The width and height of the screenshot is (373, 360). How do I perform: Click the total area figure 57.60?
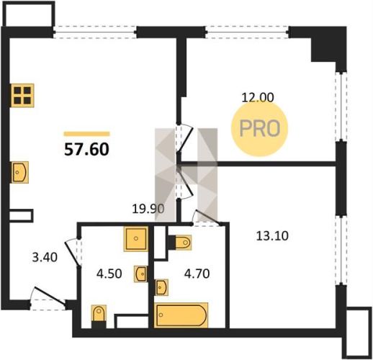pos(86,149)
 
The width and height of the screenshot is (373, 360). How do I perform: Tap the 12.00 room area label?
pos(258,98)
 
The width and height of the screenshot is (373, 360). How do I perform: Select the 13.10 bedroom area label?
pos(272,235)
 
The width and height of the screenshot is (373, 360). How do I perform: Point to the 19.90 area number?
pos(148,209)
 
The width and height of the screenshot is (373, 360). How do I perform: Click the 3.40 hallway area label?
pos(45,257)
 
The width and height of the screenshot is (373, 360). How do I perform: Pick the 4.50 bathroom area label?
pos(109,274)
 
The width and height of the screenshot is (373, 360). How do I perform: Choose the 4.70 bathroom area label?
pos(197,274)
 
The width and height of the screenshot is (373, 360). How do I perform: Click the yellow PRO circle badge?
pos(259,129)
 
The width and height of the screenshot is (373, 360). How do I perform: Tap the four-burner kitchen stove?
pos(22,95)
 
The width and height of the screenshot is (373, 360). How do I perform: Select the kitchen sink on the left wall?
pos(19,172)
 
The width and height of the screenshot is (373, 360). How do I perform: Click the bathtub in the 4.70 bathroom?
pos(181,315)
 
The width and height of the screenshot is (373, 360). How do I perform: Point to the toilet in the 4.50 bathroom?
pos(99,316)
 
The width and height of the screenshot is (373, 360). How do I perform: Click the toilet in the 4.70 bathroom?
pos(180,243)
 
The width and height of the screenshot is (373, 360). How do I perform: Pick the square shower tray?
pos(136,238)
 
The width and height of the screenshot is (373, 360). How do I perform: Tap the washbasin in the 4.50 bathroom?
pos(140,274)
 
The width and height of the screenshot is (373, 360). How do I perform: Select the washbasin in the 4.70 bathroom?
pos(162,287)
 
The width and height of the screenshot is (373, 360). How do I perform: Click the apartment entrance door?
pos(49,297)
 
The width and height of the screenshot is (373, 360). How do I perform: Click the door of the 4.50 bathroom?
pos(73,253)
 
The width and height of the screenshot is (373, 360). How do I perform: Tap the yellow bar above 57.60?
pos(86,134)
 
